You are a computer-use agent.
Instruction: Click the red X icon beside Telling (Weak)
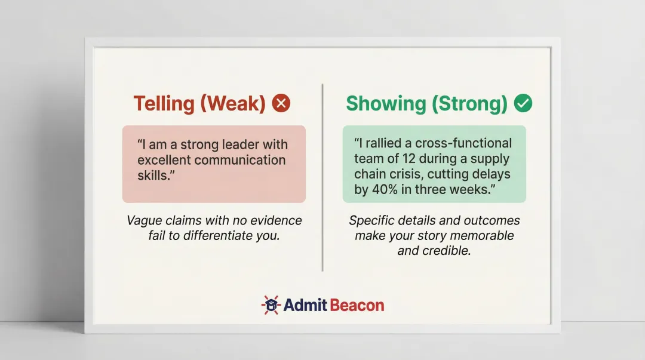[x=281, y=104]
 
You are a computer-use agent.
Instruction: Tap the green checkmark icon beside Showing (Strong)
[x=523, y=104]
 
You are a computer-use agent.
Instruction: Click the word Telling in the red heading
[x=164, y=104]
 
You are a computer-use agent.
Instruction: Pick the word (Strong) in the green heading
[x=469, y=104]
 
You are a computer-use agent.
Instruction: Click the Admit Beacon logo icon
[x=271, y=305]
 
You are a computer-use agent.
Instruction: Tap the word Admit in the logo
[x=305, y=306]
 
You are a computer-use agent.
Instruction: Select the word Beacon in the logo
[x=357, y=306]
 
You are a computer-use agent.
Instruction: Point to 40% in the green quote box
[x=385, y=190]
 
